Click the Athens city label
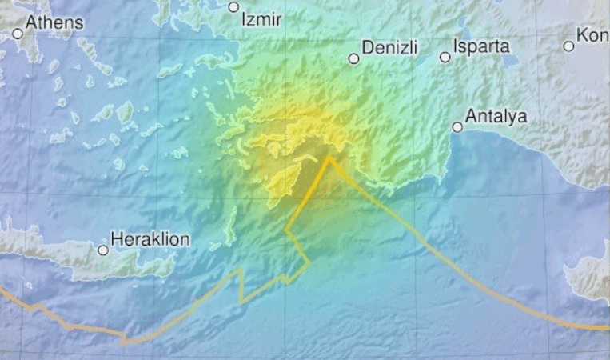pos(54,22)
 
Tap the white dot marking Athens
pos(18,34)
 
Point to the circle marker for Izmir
pos(233,7)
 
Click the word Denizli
pos(390,47)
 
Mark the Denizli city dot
pos(353,58)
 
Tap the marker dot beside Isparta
pos(445,57)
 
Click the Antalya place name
pos(496,117)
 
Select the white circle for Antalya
pos(457,126)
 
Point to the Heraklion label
pos(150,238)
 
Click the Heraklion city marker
pos(103,250)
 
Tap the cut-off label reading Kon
pos(592,36)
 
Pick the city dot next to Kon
pos(568,46)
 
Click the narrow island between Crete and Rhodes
pos(231,229)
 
